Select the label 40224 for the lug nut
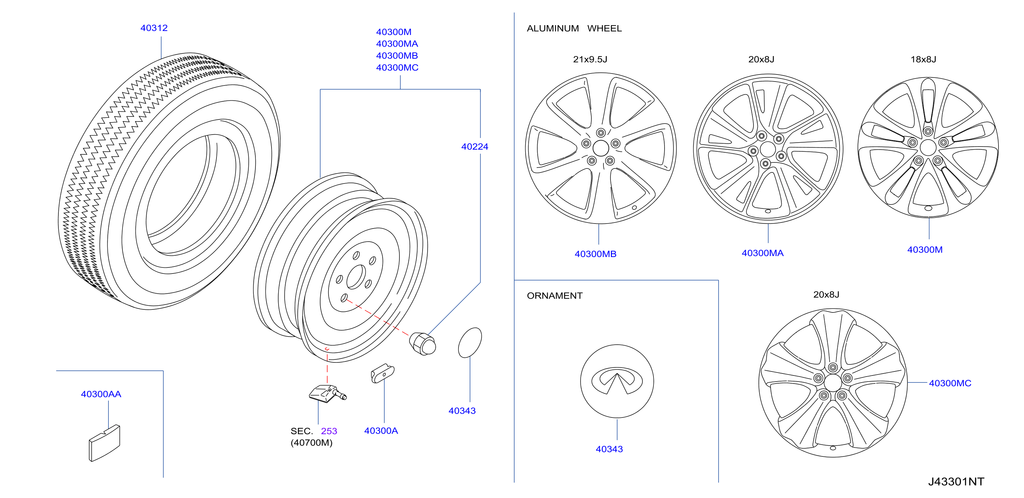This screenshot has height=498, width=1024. pyautogui.click(x=475, y=147)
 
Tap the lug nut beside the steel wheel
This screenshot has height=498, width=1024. pyautogui.click(x=423, y=344)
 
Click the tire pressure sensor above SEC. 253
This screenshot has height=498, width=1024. pyautogui.click(x=328, y=394)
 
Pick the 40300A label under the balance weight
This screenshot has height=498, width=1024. pyautogui.click(x=381, y=431)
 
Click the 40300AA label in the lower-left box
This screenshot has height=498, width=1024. pyautogui.click(x=101, y=394)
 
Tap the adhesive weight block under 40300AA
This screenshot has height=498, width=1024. pyautogui.click(x=104, y=443)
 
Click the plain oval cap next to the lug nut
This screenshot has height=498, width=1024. pyautogui.click(x=470, y=343)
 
